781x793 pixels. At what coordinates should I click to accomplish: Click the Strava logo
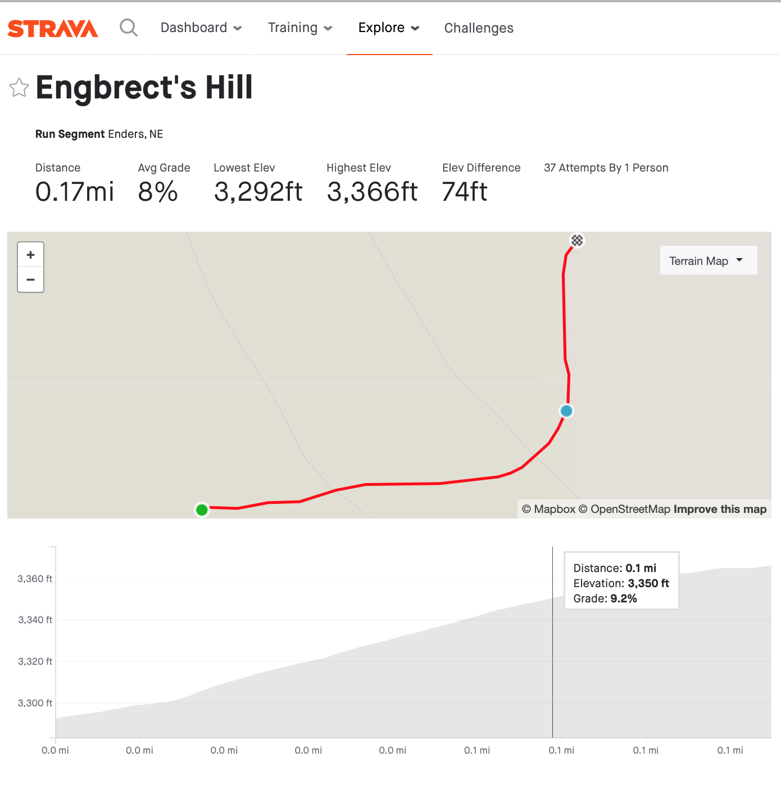(x=53, y=28)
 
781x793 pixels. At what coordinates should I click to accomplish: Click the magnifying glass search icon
(x=129, y=27)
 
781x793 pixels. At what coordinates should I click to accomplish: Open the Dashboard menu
(x=201, y=28)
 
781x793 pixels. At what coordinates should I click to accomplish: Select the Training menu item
(x=299, y=28)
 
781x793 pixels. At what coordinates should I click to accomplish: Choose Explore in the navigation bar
(x=389, y=28)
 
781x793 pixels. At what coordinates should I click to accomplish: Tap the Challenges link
(x=479, y=28)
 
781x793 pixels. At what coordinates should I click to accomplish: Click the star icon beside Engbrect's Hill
(x=19, y=88)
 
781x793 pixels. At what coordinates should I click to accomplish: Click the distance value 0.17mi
(x=75, y=192)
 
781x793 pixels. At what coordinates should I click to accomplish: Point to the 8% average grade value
(x=158, y=192)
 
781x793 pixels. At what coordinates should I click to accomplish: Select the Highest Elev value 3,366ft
(x=372, y=192)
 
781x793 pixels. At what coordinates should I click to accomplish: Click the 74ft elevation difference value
(x=464, y=192)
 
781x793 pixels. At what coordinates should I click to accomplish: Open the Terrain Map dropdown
(x=708, y=260)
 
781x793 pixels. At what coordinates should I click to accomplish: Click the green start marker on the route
(x=202, y=510)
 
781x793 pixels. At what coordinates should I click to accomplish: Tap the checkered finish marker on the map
(x=577, y=240)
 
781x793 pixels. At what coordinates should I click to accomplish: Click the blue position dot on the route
(x=566, y=411)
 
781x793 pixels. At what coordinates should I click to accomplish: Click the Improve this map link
(x=720, y=509)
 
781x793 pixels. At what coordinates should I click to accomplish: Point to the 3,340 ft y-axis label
(x=35, y=620)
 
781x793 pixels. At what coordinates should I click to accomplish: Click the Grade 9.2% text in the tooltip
(x=605, y=598)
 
